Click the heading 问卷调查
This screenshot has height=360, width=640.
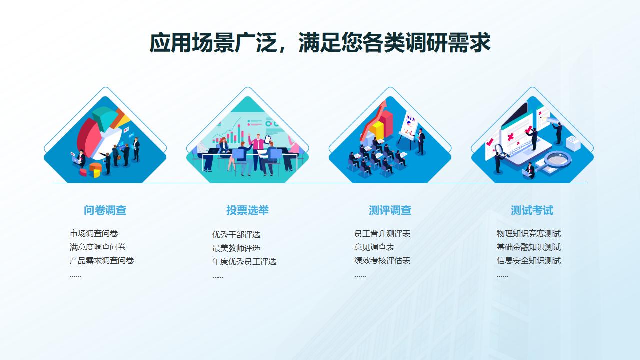pos(105,210)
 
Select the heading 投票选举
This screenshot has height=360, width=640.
pos(247,210)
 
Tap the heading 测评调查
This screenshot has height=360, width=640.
pos(390,210)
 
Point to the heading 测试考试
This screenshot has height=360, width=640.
pos(532,210)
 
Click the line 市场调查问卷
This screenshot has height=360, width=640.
pos(94,233)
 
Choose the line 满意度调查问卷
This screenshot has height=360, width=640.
pos(98,247)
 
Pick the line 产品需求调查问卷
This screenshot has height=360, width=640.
pos(102,260)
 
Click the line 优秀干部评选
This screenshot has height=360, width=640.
pos(236,235)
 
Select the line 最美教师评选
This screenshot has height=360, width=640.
pos(236,248)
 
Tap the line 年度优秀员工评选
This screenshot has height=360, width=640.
pos(244,261)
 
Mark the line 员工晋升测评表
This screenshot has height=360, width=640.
pos(382,233)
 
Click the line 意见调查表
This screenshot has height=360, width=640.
pos(374,247)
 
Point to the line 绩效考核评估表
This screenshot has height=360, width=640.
pos(382,260)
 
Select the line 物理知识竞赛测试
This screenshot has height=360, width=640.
pos(529,233)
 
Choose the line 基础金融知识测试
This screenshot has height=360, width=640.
pos(529,247)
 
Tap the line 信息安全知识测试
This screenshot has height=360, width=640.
pos(529,260)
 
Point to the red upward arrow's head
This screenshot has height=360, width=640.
pos(382,105)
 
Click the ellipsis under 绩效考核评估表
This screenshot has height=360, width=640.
pos(360,276)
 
